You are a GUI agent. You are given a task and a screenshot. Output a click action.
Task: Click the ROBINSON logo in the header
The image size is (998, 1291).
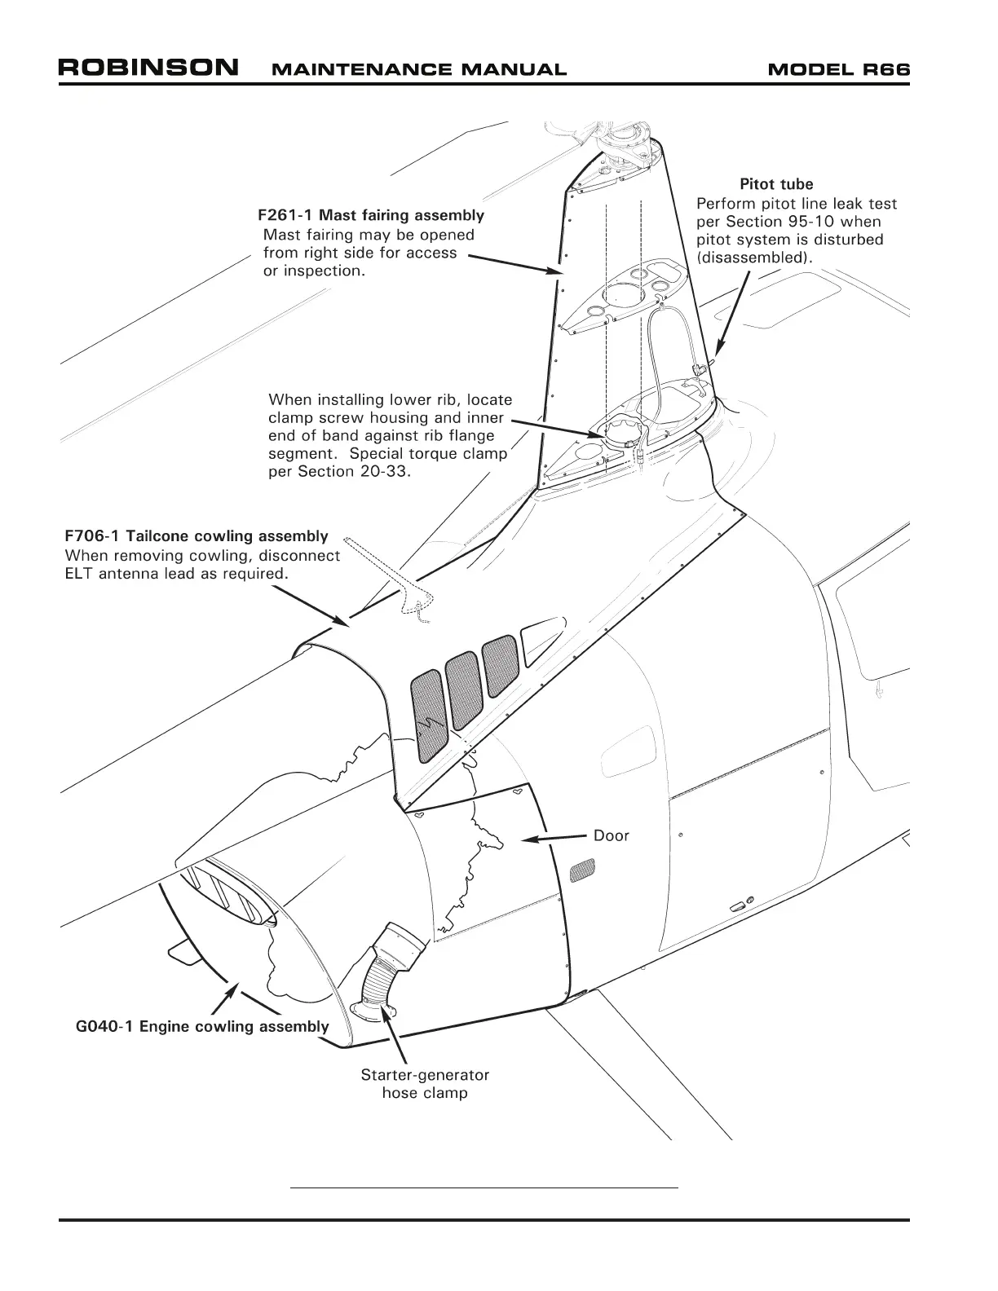(148, 67)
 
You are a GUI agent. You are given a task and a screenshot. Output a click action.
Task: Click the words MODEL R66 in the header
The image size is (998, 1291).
(839, 69)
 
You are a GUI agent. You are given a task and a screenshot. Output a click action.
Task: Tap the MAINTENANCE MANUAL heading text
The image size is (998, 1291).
(418, 70)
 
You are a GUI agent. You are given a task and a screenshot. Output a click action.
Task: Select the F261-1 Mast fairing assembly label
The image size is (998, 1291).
(371, 216)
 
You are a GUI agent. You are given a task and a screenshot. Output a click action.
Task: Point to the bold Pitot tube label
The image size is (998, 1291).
(776, 184)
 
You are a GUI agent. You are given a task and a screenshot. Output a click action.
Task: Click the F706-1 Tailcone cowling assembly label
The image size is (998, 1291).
(197, 536)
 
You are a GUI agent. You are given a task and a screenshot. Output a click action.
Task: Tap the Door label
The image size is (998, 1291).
(612, 835)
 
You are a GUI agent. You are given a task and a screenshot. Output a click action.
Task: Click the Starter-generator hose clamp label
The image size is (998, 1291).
(425, 1084)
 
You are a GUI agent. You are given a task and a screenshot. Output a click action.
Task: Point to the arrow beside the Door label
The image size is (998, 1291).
(554, 837)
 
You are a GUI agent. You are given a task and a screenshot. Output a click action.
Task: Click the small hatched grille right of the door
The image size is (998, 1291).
(582, 870)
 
